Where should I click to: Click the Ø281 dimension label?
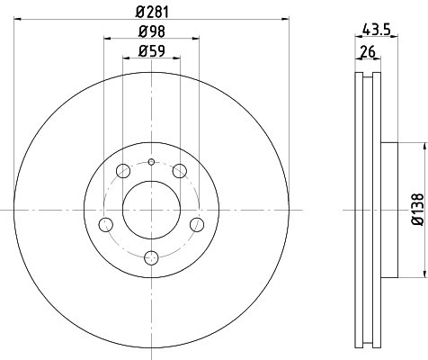pyautogui.click(x=152, y=12)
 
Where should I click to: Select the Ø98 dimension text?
pyautogui.click(x=152, y=31)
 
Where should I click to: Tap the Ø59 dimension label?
pyautogui.click(x=152, y=50)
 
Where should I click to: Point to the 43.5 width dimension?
pyautogui.click(x=377, y=30)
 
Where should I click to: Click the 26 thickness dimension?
pyautogui.click(x=368, y=51)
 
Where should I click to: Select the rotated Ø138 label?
pyautogui.click(x=418, y=210)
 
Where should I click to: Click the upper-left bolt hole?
pyautogui.click(x=123, y=171)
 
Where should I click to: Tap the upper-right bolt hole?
pyautogui.click(x=180, y=171)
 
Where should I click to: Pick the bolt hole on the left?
pyautogui.click(x=106, y=225)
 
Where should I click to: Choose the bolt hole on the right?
pyautogui.click(x=197, y=225)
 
